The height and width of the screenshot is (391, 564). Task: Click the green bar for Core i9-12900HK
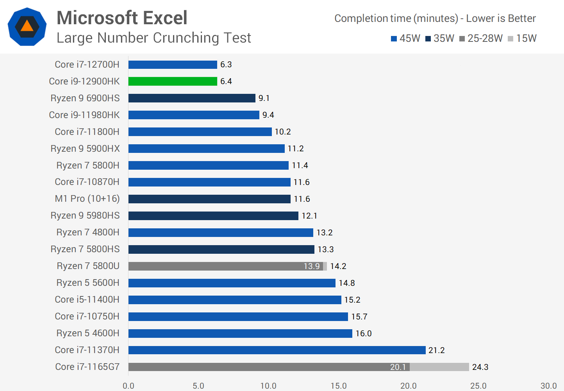[173, 81]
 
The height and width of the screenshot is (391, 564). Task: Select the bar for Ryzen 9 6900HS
[192, 98]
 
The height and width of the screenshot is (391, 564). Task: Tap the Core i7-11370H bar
[277, 350]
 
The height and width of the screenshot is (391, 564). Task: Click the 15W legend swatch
[510, 39]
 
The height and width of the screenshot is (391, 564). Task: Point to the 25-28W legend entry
[481, 38]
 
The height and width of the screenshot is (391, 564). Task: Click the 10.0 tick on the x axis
[268, 386]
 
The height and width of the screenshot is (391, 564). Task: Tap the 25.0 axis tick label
[478, 386]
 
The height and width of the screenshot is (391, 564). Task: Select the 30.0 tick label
[548, 386]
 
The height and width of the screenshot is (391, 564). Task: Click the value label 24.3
[480, 367]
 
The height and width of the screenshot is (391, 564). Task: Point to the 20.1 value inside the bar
[398, 367]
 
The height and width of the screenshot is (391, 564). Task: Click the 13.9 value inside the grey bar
[311, 266]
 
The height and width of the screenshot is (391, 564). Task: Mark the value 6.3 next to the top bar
[226, 65]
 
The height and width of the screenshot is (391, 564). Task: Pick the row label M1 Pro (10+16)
[87, 199]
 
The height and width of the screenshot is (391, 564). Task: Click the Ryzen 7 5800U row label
[88, 266]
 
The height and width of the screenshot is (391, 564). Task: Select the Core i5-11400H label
[87, 300]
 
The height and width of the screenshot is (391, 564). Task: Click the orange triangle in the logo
[27, 26]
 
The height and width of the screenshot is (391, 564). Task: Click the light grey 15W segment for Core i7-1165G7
[439, 367]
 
